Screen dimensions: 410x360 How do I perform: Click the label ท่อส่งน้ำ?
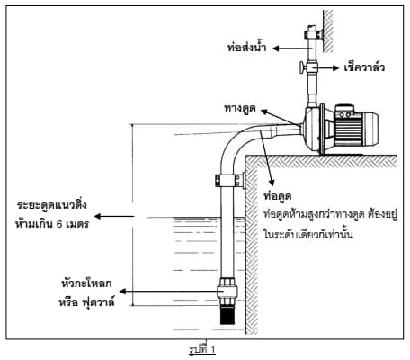tap(246, 48)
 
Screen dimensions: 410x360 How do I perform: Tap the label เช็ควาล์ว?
tap(364, 67)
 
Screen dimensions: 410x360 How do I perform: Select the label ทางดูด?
tap(240, 108)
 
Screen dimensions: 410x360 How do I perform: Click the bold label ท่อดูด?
tap(278, 196)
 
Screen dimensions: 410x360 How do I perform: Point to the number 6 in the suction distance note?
tap(59, 224)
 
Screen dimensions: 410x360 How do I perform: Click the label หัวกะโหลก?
tap(86, 283)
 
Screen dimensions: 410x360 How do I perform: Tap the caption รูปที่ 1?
tap(202, 349)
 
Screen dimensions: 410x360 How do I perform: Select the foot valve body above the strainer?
tap(227, 291)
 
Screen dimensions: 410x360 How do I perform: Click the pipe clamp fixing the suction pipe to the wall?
tap(230, 181)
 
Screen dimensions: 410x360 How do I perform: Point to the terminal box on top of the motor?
tap(344, 112)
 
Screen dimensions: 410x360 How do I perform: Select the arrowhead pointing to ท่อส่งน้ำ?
tap(276, 48)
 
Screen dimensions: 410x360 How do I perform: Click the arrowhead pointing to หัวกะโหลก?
tap(122, 292)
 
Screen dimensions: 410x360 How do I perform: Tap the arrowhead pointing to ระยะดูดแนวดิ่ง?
tap(98, 216)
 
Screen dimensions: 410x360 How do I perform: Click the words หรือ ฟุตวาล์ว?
tap(86, 301)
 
